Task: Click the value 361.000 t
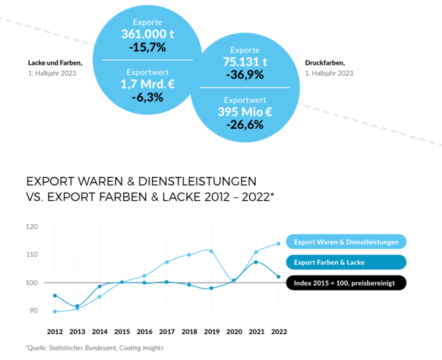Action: pyautogui.click(x=147, y=34)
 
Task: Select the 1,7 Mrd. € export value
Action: pyautogui.click(x=147, y=84)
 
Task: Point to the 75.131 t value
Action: pyautogui.click(x=245, y=62)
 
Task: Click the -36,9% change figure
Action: pyautogui.click(x=245, y=75)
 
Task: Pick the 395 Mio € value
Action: pyautogui.click(x=245, y=112)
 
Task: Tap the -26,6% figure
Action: pyautogui.click(x=245, y=124)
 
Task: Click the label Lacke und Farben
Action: pyautogui.click(x=55, y=63)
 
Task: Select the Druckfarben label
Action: pyautogui.click(x=325, y=63)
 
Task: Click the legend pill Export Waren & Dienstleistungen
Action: pyautogui.click(x=346, y=242)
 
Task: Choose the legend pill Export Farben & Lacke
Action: pyautogui.click(x=346, y=262)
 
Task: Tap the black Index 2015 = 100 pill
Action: pyautogui.click(x=346, y=283)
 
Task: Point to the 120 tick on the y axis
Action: pyautogui.click(x=32, y=227)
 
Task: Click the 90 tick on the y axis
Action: pyautogui.click(x=33, y=311)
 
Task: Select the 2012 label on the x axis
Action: pyautogui.click(x=56, y=331)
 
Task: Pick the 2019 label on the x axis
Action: pyautogui.click(x=211, y=331)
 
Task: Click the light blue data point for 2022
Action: pyautogui.click(x=278, y=244)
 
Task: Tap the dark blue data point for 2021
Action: pyautogui.click(x=256, y=262)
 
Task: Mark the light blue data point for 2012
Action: pyautogui.click(x=56, y=311)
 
